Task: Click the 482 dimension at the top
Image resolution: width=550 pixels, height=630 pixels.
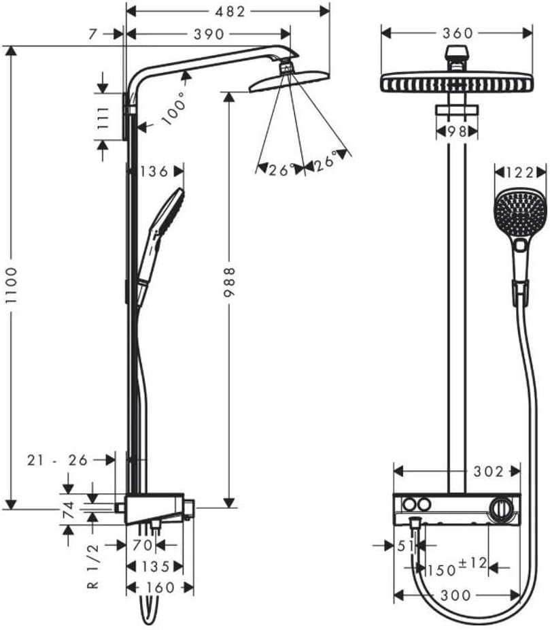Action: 228,11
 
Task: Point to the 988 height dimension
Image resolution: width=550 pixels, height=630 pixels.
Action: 230,281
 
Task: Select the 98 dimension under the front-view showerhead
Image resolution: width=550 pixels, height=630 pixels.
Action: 456,132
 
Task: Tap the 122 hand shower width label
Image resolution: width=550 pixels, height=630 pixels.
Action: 520,173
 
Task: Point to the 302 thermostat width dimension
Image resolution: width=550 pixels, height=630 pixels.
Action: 489,471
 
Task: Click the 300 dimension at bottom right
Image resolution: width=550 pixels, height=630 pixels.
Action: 455,595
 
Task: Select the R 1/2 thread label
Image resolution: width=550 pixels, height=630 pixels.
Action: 94,566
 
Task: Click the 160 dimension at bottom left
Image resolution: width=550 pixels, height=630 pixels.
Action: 160,587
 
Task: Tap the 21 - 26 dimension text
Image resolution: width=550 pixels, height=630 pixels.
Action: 58,460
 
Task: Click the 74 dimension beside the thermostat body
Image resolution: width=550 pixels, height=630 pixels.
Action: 67,509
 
